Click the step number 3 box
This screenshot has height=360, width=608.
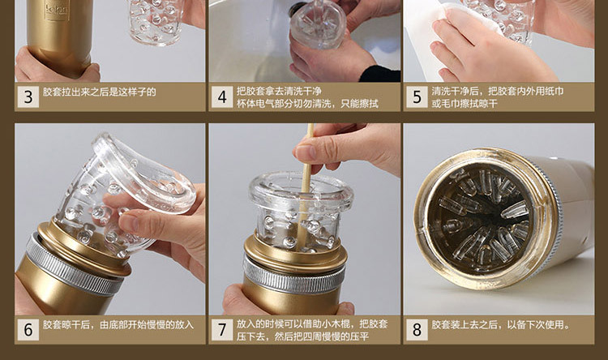click(28, 97)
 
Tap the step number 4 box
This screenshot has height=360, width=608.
click(222, 97)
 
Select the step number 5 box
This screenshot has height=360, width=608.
click(417, 97)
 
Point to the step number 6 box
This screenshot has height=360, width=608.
click(28, 330)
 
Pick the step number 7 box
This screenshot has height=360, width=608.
click(222, 330)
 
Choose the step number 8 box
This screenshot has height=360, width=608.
click(417, 330)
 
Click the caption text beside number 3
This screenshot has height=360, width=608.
click(100, 92)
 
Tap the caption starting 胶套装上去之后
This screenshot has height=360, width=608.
click(501, 324)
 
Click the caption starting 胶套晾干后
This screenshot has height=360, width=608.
click(118, 324)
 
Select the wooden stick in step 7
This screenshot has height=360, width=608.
click(305, 186)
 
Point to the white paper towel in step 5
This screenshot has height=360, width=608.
click(465, 31)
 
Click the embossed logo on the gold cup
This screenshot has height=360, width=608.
click(57, 11)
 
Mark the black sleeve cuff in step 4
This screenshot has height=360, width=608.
click(380, 73)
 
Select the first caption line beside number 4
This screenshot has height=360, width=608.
click(279, 92)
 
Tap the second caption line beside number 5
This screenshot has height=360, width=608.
click(465, 104)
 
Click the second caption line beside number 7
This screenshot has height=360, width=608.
click(302, 336)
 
